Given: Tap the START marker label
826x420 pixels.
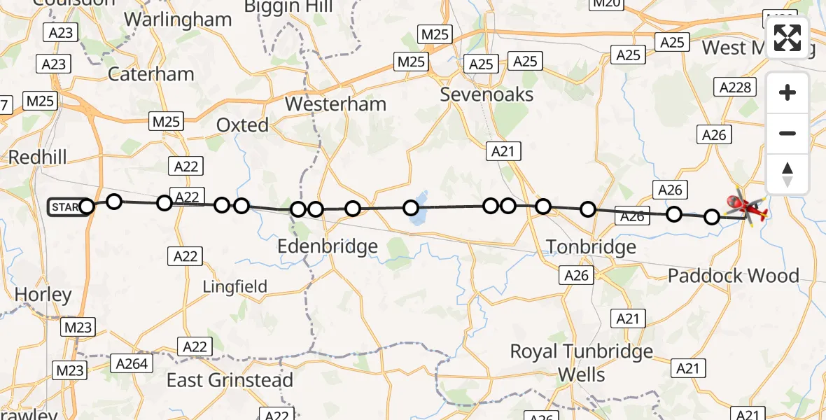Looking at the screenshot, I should [x=66, y=207].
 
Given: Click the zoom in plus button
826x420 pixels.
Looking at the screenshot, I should [x=787, y=93].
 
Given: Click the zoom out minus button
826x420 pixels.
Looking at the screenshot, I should [x=787, y=133].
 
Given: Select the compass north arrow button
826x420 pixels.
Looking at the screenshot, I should [x=787, y=174].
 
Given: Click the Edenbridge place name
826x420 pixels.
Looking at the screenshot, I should [x=328, y=246].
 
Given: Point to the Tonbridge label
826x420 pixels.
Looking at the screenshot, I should [x=591, y=246].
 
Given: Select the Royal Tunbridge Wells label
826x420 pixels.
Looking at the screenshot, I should [x=582, y=363].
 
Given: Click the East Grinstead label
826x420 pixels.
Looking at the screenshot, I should [x=230, y=380].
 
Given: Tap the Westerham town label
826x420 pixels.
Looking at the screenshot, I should [x=335, y=104].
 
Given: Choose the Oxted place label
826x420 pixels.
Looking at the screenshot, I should [x=242, y=125].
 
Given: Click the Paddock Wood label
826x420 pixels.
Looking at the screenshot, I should [x=733, y=275].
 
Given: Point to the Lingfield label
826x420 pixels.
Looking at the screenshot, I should [x=235, y=286].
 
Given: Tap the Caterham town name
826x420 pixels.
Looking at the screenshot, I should [x=150, y=74].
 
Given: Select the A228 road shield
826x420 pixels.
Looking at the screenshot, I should [x=735, y=87].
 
